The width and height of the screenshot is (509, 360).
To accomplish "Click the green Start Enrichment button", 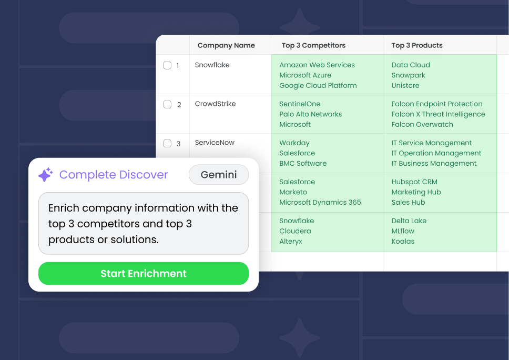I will [143, 274].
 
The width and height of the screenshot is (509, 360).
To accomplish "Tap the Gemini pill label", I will [219, 175].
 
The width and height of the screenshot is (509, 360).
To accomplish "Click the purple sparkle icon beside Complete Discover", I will [46, 175].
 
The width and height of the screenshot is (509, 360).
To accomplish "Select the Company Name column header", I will [226, 45].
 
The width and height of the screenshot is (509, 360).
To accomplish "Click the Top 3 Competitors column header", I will [313, 45].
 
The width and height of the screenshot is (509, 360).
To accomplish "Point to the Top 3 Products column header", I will [417, 45].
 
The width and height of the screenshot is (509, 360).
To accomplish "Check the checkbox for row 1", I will [167, 65].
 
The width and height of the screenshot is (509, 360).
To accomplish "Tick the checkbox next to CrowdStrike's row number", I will [167, 104].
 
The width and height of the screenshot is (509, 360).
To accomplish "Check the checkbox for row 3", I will [167, 143].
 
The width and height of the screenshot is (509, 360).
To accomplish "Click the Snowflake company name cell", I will [212, 65].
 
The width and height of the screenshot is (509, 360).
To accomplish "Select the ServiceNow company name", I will [215, 143].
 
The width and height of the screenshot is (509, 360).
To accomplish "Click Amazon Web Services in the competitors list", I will [317, 65].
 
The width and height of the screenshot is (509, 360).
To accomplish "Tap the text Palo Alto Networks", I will [310, 114].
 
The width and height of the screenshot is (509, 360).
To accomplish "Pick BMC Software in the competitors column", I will [303, 164].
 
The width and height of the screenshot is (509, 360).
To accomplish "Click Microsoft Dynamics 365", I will [320, 203].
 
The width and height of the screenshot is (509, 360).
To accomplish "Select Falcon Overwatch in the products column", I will [422, 125].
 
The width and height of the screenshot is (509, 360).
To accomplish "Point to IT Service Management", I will [432, 143].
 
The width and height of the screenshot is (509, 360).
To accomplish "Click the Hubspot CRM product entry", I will [414, 182].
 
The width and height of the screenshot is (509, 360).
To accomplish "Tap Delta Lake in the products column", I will [409, 221].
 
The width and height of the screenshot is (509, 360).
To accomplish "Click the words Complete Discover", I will [114, 175].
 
